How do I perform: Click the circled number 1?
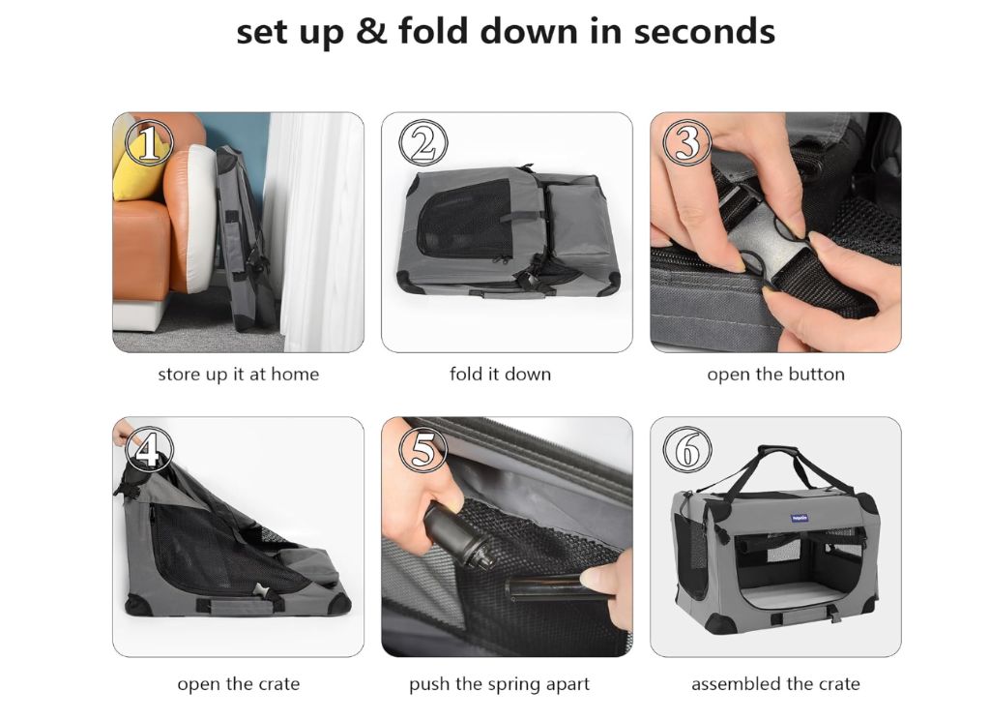click(x=148, y=142)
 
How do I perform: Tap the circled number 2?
click(x=423, y=143)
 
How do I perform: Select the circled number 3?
click(x=687, y=142)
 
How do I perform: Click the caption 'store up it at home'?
click(x=239, y=375)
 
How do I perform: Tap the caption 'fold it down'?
click(x=500, y=375)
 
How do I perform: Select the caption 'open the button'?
click(x=775, y=375)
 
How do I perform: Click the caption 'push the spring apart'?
click(x=499, y=684)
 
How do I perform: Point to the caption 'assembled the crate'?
click(x=775, y=683)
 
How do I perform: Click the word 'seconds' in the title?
click(x=704, y=32)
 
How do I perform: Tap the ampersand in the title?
click(x=371, y=32)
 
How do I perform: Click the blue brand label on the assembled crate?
click(x=800, y=518)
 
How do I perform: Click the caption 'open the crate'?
click(x=239, y=684)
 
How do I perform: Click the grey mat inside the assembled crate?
click(x=797, y=594)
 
